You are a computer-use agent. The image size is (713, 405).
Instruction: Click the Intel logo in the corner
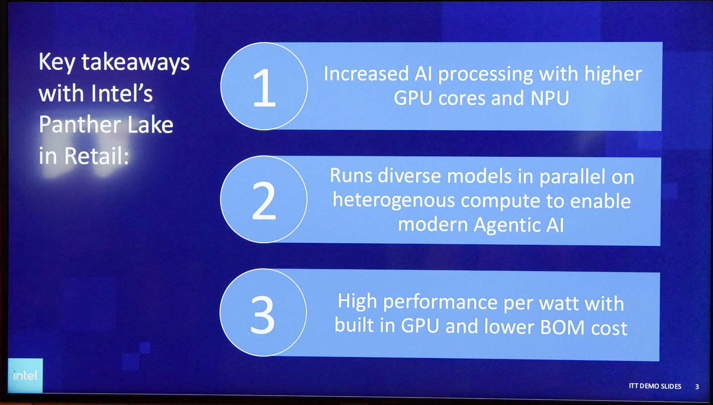(x=25, y=375)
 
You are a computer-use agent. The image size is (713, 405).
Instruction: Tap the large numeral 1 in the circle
(x=264, y=88)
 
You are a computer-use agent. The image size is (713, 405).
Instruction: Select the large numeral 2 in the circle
(x=264, y=201)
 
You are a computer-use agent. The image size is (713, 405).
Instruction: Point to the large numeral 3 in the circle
(x=262, y=315)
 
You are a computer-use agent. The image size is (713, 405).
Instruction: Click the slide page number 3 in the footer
(x=697, y=387)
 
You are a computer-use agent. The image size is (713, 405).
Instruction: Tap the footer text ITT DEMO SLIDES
(x=655, y=386)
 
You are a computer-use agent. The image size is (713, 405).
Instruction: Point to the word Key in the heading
(x=56, y=63)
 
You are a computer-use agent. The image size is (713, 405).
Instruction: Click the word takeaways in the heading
(x=136, y=63)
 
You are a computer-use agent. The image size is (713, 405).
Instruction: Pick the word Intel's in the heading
(x=122, y=93)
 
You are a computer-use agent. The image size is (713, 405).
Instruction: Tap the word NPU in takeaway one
(x=550, y=98)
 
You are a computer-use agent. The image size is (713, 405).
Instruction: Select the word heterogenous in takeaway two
(x=394, y=201)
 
